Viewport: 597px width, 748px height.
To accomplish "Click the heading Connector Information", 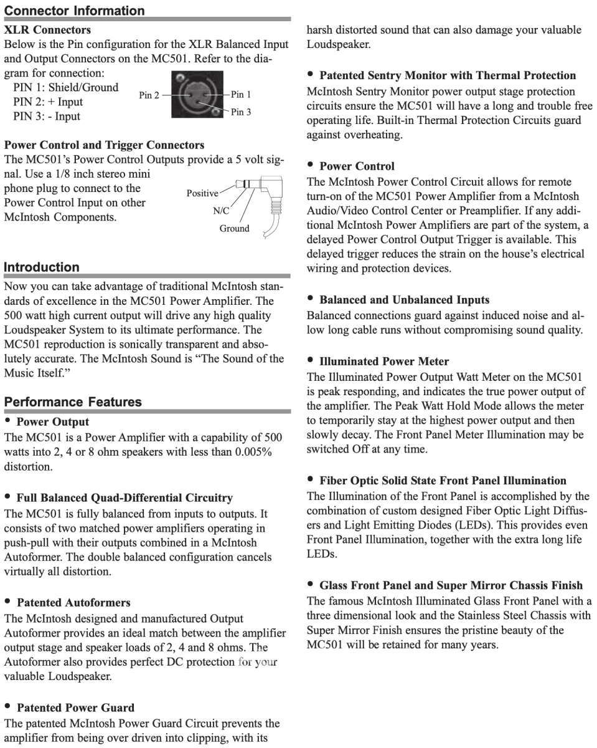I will [x=74, y=11].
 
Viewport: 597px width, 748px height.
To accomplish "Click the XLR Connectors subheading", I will [x=47, y=29].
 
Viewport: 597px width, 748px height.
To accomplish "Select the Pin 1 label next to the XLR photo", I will [x=241, y=95].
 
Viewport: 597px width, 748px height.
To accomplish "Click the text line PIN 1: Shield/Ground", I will [x=65, y=87].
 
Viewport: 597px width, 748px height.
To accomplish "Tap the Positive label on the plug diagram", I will [x=202, y=194].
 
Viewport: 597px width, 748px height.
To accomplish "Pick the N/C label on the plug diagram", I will [x=221, y=211].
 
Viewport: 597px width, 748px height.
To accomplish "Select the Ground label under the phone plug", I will [x=234, y=228].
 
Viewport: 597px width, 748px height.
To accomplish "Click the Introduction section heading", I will [x=42, y=267].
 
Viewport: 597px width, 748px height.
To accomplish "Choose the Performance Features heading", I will [x=73, y=402].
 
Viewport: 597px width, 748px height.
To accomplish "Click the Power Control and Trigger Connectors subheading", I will [x=104, y=145].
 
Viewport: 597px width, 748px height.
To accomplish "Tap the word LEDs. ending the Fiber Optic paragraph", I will [x=321, y=554].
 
